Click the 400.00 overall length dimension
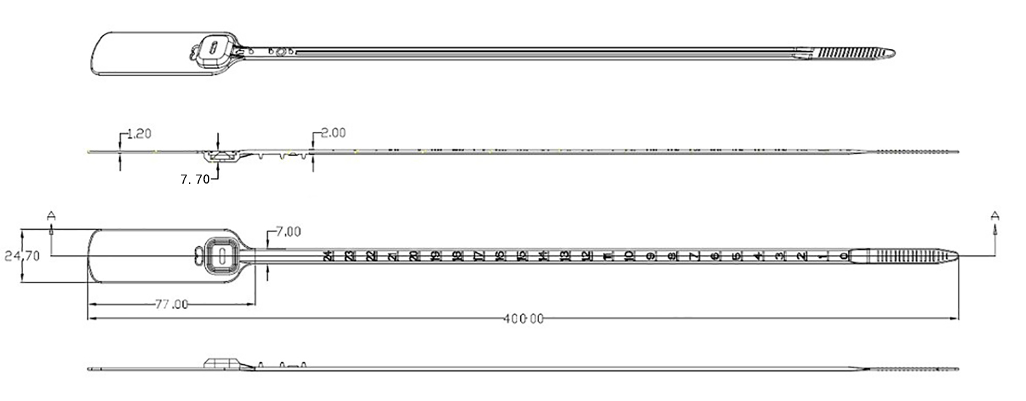pyautogui.click(x=523, y=319)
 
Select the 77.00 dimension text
pyautogui.click(x=171, y=304)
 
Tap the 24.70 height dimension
pyautogui.click(x=22, y=257)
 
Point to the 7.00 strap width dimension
pyautogui.click(x=288, y=231)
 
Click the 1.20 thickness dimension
pyautogui.click(x=139, y=134)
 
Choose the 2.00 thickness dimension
pyautogui.click(x=333, y=133)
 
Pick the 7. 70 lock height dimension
pyautogui.click(x=195, y=179)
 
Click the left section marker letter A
pyautogui.click(x=51, y=215)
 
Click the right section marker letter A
pyautogui.click(x=994, y=215)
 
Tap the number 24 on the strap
pyautogui.click(x=328, y=256)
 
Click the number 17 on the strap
pyautogui.click(x=479, y=256)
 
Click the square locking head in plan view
pyautogui.click(x=222, y=255)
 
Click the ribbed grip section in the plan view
pyautogui.click(x=903, y=255)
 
